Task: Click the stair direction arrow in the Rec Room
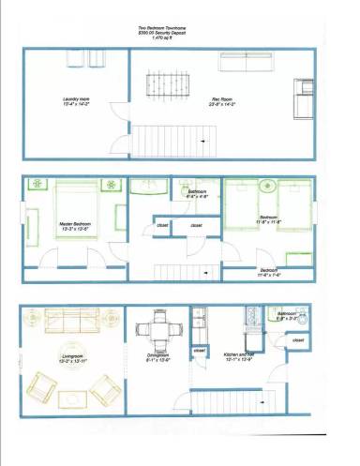[203, 140]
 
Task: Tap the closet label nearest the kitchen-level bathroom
[200, 351]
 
